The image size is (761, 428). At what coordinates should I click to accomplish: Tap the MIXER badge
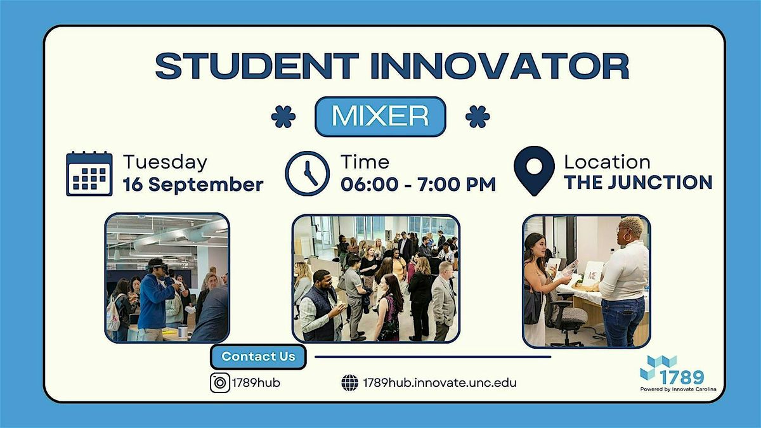pos(380,117)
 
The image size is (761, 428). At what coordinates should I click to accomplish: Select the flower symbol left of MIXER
pos(283,117)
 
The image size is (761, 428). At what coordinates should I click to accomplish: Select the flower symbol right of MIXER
pos(478,117)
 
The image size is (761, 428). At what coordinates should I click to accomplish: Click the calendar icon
pos(89,174)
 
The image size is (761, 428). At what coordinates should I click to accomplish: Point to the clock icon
pos(307,173)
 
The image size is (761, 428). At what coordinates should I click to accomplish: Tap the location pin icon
pos(534,171)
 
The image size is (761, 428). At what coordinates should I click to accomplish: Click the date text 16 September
pos(193,185)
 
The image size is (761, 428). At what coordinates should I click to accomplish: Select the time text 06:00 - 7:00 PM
pos(418,185)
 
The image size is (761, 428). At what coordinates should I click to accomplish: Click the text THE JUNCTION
pos(638,183)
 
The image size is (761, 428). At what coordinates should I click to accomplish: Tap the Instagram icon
pos(220,383)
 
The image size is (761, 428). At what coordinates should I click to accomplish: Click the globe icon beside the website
pos(349,383)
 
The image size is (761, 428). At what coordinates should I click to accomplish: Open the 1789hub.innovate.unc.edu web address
pos(439,383)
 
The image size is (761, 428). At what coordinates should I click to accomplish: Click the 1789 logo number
pos(682,377)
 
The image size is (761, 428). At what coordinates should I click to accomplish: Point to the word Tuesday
pos(165,162)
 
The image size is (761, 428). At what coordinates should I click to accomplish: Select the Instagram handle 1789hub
pos(256,383)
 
